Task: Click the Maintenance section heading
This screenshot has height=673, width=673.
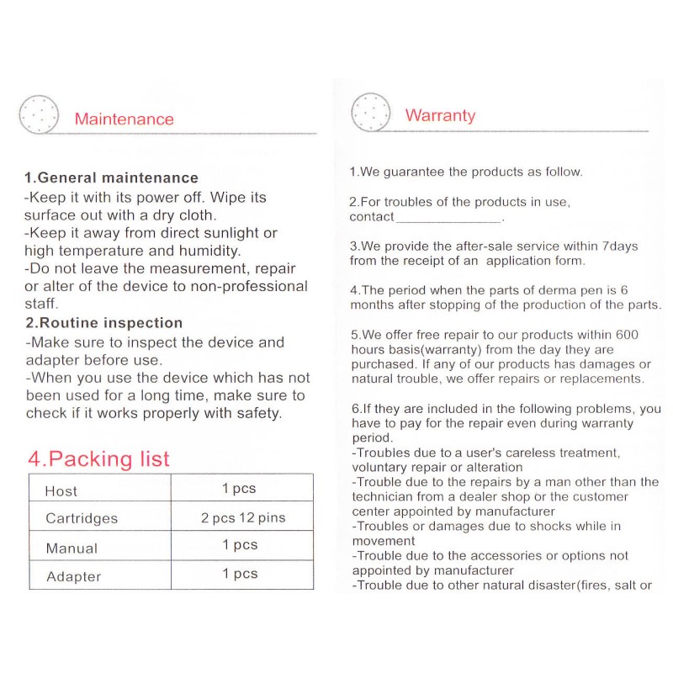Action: [124, 119]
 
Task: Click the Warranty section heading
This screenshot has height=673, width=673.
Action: [440, 116]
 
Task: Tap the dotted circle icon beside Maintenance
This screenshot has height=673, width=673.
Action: [39, 114]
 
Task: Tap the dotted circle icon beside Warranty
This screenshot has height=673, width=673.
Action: [371, 112]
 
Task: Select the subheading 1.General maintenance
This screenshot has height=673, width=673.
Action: [111, 178]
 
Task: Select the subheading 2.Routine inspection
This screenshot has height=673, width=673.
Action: [103, 323]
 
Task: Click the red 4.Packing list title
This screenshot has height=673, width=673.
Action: [98, 458]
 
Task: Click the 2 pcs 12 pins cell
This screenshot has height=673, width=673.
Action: [243, 517]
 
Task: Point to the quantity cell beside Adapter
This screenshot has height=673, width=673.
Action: [240, 574]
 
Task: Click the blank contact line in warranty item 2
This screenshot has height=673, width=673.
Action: [448, 217]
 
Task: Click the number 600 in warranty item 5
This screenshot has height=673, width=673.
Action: [627, 335]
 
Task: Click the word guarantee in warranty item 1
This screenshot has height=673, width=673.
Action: [414, 172]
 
